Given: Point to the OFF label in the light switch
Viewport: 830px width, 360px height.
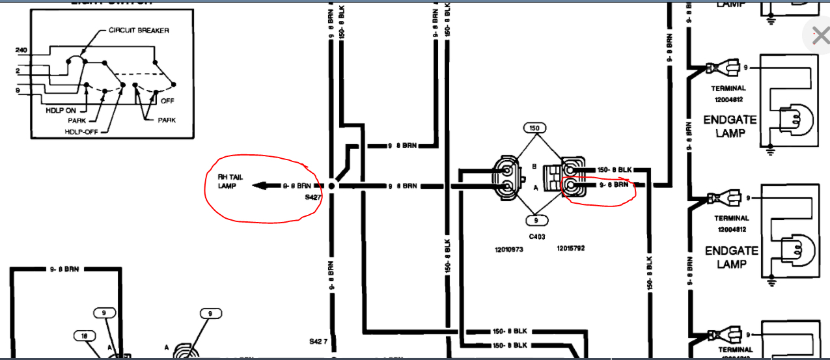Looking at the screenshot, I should pyautogui.click(x=168, y=101).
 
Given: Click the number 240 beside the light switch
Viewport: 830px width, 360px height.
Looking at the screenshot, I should pyautogui.click(x=21, y=49).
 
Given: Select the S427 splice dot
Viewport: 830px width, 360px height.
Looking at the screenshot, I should pyautogui.click(x=331, y=186).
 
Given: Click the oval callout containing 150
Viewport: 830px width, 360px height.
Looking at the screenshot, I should pyautogui.click(x=535, y=128).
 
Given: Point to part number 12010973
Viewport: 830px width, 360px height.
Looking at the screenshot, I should pyautogui.click(x=509, y=249).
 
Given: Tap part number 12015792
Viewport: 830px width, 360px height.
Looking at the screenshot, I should pyautogui.click(x=571, y=248).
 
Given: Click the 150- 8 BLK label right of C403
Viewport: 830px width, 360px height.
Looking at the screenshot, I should pyautogui.click(x=613, y=169).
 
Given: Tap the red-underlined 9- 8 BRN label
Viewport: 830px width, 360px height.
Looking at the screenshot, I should pyautogui.click(x=613, y=185).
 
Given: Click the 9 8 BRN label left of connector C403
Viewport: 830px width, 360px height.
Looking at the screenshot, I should pyautogui.click(x=402, y=186).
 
